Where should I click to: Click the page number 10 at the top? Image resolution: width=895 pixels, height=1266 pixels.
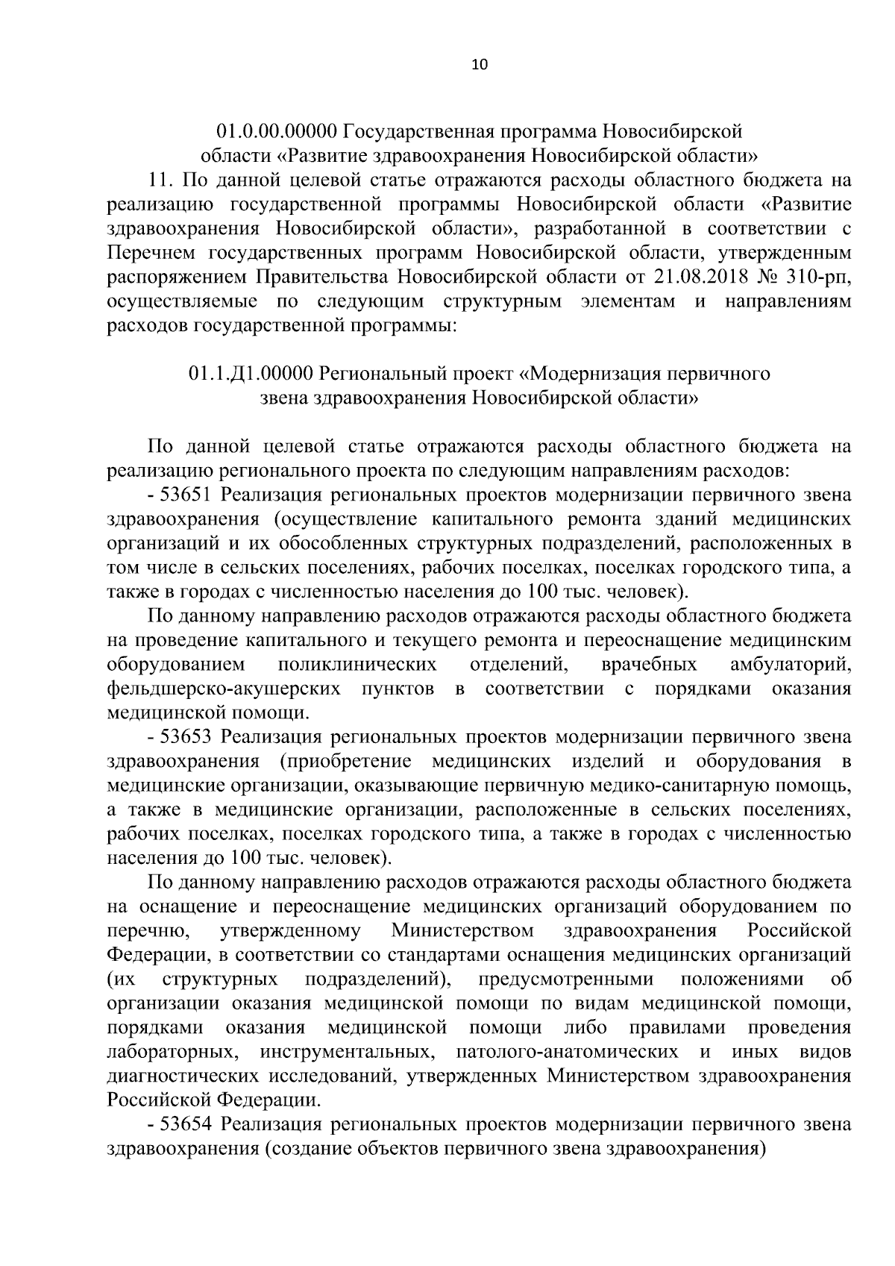[479, 65]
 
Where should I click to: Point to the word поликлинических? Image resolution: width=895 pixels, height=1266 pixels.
[357, 664]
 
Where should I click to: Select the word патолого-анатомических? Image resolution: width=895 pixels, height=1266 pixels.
[565, 1052]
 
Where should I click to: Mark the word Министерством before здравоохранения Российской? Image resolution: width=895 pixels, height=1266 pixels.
[462, 931]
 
